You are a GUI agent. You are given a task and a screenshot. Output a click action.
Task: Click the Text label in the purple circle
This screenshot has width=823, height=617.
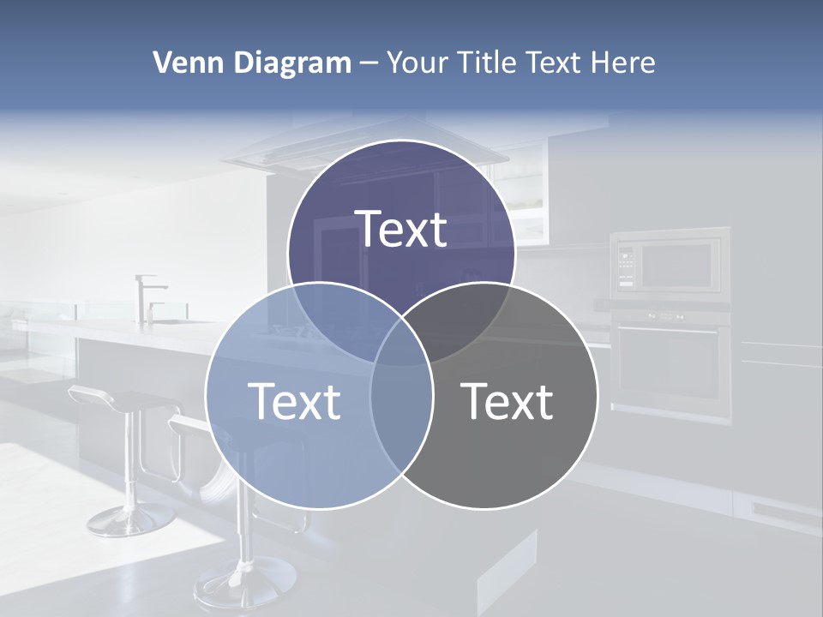point(401,229)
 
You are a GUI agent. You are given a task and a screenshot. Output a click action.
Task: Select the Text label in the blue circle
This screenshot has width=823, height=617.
point(294,401)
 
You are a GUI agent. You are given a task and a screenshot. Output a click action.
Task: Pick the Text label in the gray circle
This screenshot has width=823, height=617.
point(508,401)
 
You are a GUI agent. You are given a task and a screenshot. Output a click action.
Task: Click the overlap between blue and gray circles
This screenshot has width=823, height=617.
point(401,403)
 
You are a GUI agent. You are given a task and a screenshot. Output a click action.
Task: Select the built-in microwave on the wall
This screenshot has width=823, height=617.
point(670,263)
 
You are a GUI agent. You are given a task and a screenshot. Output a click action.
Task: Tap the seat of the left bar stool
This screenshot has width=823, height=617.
point(120,398)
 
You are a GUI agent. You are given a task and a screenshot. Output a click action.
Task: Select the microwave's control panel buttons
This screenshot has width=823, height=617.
point(626,266)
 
